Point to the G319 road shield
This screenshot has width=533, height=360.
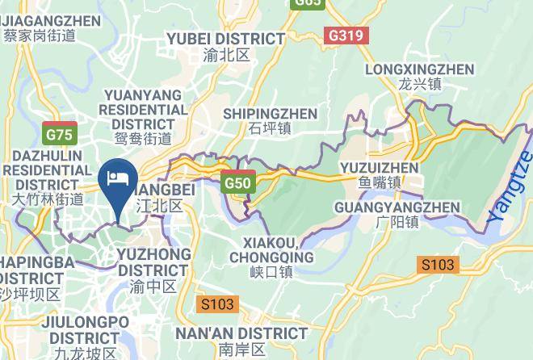[x=346, y=36]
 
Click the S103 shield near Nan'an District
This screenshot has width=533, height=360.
[x=216, y=304]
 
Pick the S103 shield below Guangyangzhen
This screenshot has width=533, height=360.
[x=438, y=264]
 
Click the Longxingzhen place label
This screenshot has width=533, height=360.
[x=419, y=69]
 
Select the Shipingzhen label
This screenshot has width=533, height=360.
[x=270, y=113]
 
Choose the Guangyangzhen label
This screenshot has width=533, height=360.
[x=397, y=207]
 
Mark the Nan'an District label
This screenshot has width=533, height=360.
[x=241, y=333]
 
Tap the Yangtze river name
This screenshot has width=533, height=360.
[x=510, y=187]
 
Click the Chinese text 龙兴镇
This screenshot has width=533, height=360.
[x=419, y=84]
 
